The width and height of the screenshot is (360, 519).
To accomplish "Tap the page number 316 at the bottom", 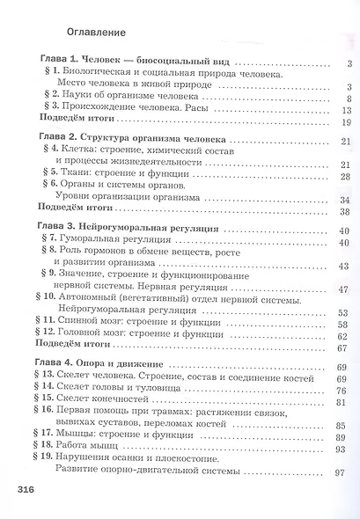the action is [x=18, y=486].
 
